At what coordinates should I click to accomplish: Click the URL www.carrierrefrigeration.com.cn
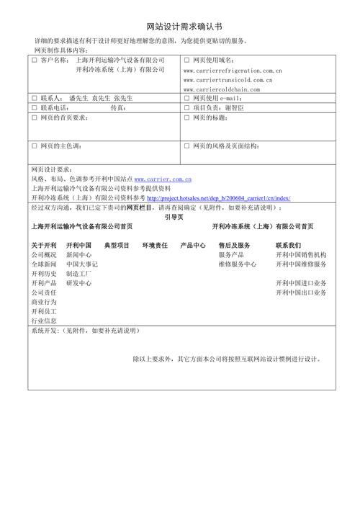point(233,71)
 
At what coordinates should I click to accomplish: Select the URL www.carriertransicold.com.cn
point(228,80)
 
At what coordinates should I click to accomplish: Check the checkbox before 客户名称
point(34,61)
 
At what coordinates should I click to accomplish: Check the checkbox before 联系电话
point(34,107)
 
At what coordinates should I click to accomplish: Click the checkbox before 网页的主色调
point(34,146)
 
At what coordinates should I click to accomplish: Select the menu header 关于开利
point(44,246)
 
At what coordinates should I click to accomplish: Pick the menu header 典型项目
point(117,246)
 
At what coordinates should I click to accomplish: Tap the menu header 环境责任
point(155,246)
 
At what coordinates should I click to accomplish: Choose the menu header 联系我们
point(288,246)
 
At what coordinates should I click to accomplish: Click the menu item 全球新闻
point(44,264)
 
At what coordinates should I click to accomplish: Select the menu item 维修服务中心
point(238,264)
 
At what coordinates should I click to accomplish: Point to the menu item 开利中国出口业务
point(301,292)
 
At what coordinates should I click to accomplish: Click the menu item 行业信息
point(44,321)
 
